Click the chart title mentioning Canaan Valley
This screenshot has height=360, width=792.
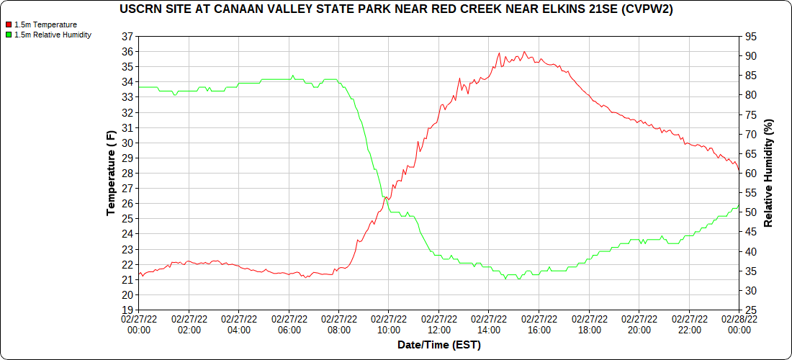(396, 9)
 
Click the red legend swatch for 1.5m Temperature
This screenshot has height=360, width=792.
(8, 24)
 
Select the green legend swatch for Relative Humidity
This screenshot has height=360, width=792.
(8, 34)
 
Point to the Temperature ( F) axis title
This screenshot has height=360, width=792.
(111, 173)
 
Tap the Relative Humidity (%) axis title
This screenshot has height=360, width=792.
(768, 173)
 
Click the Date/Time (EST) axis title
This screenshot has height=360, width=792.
(439, 345)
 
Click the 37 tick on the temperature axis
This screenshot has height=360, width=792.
(127, 36)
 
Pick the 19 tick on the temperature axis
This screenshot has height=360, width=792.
(127, 310)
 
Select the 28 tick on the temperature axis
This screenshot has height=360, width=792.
(127, 173)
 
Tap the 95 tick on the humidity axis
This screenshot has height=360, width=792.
(751, 36)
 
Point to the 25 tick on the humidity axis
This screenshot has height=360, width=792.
(751, 310)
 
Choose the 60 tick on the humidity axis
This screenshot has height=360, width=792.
(751, 174)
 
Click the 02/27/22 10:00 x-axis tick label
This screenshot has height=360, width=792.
(389, 324)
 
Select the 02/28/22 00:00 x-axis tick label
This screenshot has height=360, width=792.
(739, 324)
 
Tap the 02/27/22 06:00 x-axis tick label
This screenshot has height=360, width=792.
(289, 324)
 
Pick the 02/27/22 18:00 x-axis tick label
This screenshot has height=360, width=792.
(589, 324)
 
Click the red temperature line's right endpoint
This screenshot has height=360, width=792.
(739, 171)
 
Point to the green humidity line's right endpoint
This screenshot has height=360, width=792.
(739, 204)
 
